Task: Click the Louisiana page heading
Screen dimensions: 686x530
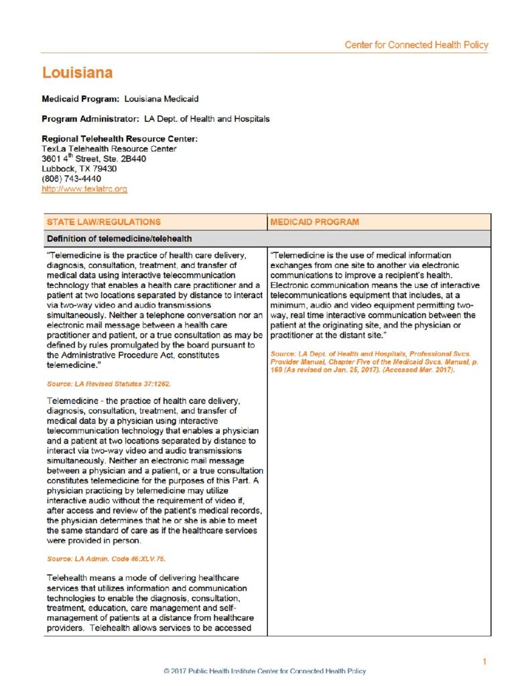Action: (77, 72)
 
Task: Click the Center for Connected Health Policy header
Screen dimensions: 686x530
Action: (416, 45)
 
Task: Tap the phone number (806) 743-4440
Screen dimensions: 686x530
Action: (71, 179)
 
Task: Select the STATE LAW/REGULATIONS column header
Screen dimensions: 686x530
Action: (104, 222)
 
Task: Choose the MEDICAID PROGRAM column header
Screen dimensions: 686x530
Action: (314, 222)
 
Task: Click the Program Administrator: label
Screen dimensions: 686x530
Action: (90, 119)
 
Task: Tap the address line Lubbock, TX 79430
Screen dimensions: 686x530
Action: (79, 169)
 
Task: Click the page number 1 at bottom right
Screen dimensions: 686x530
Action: (484, 662)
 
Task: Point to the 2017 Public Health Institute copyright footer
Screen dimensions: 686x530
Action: (265, 671)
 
